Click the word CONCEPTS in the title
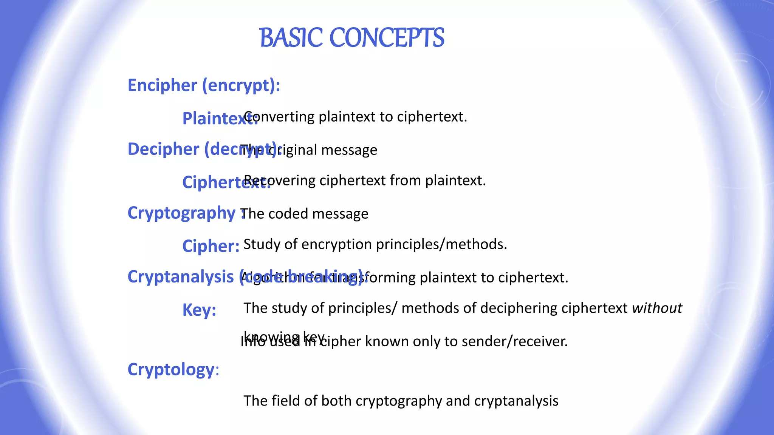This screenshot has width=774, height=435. [387, 38]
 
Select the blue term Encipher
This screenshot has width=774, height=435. [163, 85]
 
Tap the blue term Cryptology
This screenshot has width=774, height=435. [171, 369]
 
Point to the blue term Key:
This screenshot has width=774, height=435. [199, 310]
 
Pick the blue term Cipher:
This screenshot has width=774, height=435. [211, 246]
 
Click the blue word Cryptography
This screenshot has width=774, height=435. [181, 213]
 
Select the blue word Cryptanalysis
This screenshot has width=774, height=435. [181, 277]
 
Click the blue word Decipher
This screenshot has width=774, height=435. [163, 149]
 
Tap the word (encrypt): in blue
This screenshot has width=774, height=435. [241, 86]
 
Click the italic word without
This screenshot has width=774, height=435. [657, 308]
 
